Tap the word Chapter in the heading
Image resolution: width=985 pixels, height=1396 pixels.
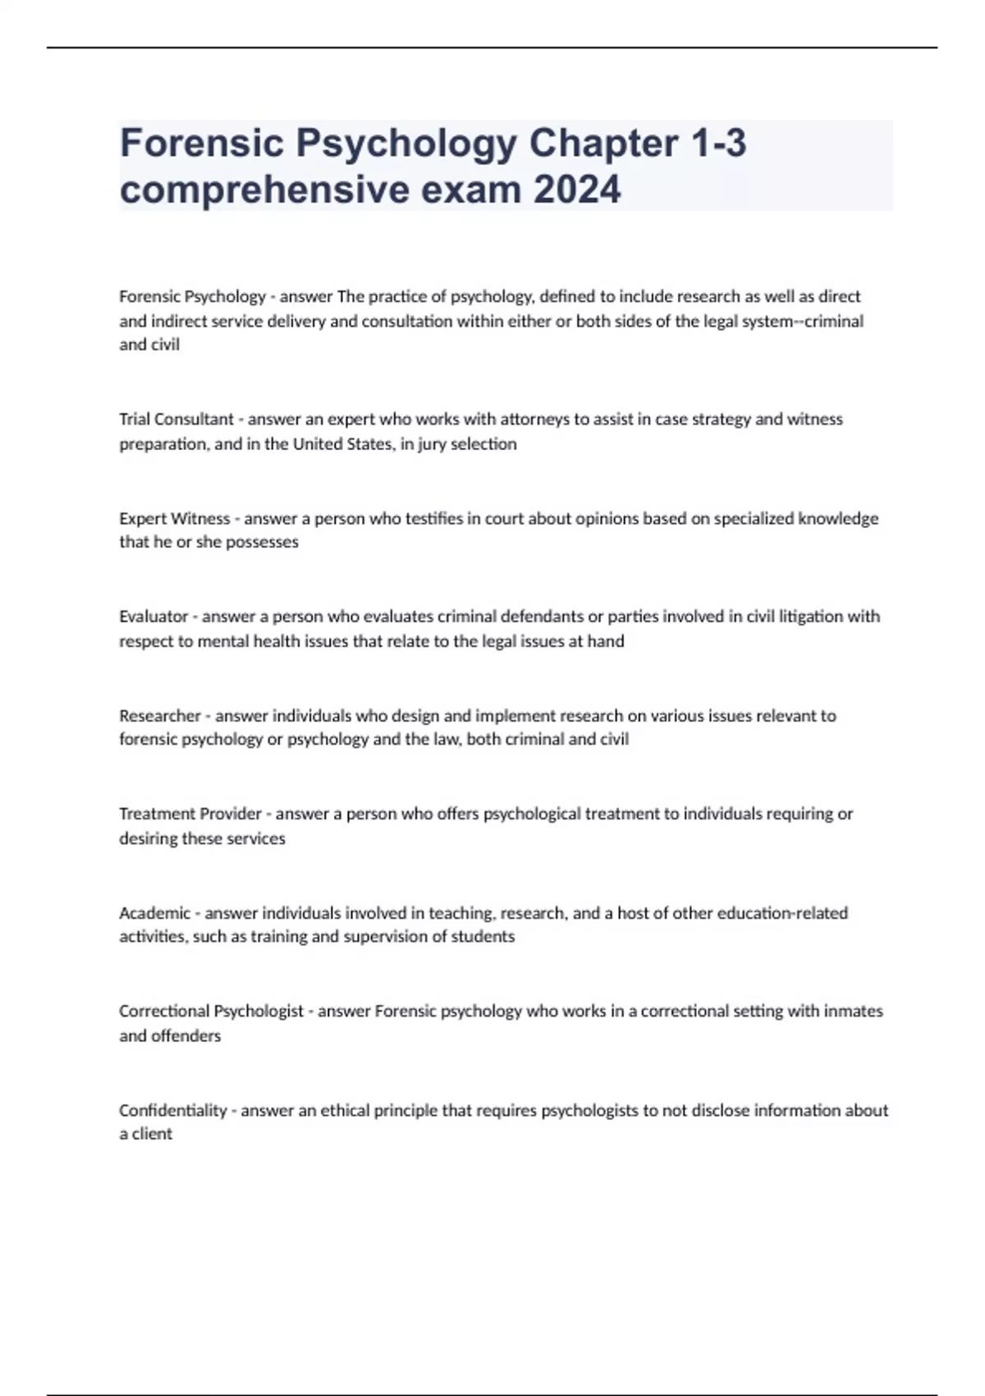point(603,143)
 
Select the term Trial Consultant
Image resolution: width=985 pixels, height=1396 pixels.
point(176,419)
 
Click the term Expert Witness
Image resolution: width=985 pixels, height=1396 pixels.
point(175,518)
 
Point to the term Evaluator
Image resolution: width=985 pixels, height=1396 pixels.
point(153,616)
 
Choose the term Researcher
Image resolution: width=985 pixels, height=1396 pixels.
point(160,715)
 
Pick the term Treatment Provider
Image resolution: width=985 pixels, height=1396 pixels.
point(190,814)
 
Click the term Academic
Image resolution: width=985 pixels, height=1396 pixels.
point(154,912)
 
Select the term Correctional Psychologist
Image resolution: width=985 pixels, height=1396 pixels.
point(211,1011)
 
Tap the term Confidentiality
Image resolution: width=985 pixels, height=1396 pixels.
point(172,1110)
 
